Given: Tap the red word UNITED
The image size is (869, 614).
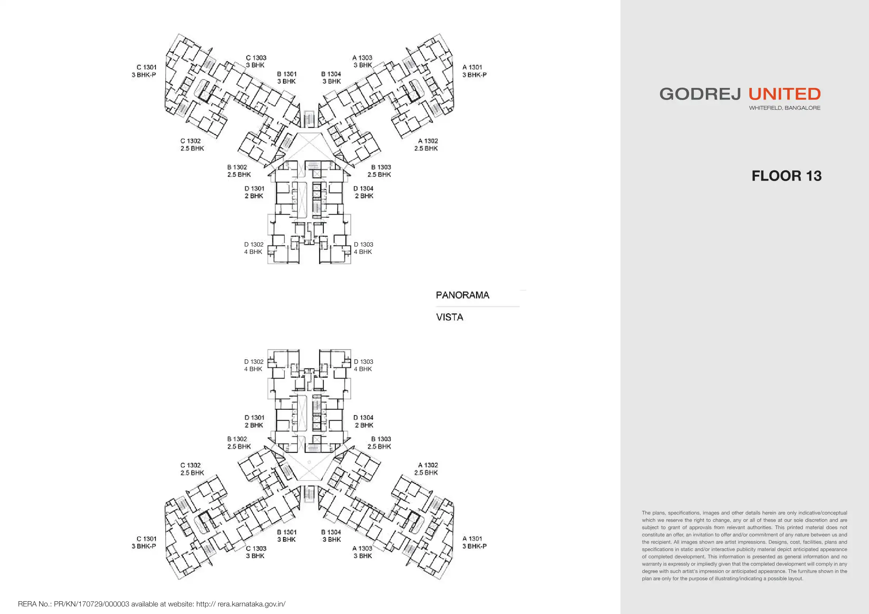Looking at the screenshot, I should [x=784, y=94].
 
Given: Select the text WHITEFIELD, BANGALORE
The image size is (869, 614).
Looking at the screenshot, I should [x=785, y=108].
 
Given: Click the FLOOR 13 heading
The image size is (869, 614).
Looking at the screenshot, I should [x=786, y=176].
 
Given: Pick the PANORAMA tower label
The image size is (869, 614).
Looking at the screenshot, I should [x=462, y=295].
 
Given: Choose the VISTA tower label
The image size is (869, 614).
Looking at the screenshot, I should [x=450, y=317].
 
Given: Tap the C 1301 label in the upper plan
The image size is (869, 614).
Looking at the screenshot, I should [x=146, y=67].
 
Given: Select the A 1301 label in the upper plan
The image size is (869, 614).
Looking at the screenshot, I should [x=472, y=67].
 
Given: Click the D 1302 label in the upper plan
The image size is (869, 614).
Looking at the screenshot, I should [x=254, y=244].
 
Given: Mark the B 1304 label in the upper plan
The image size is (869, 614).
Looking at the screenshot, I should [x=331, y=74].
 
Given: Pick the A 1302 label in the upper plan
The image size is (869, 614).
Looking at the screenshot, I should [x=428, y=141].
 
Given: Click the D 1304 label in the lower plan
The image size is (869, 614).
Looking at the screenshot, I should [x=364, y=418].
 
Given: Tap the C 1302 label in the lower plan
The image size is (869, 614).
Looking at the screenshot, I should [x=191, y=465].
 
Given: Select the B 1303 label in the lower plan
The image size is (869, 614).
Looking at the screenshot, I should [x=381, y=439].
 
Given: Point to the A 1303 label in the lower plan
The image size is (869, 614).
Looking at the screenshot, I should [x=362, y=549].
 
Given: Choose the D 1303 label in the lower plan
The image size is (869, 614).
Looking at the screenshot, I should [x=364, y=362].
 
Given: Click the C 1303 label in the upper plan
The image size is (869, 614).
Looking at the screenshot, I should [x=256, y=58].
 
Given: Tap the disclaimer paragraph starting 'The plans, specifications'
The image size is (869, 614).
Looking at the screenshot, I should [x=744, y=545].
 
